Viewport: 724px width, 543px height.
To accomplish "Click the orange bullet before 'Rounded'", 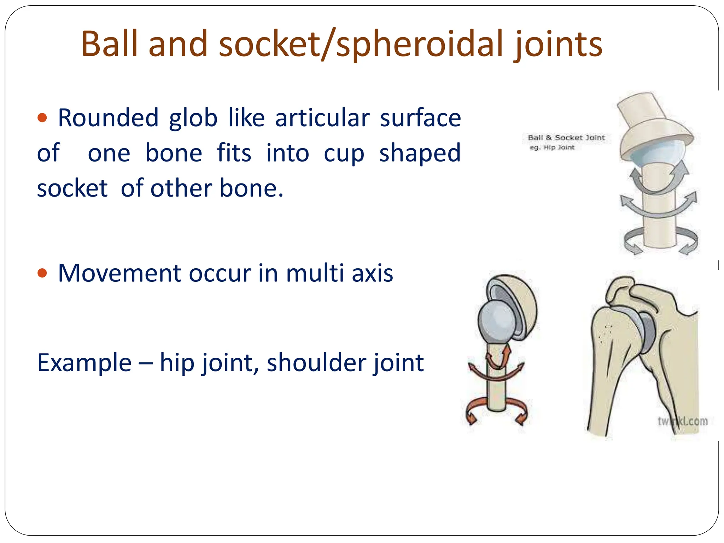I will pos(42,117).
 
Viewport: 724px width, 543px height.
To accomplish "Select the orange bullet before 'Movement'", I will pos(42,273).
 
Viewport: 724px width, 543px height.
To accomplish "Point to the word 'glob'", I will pos(193,118).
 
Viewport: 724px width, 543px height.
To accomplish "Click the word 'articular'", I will pos(322,118).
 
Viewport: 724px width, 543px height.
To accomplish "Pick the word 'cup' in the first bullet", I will pos(344,153).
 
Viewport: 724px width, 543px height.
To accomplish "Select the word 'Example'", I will pos(84,363).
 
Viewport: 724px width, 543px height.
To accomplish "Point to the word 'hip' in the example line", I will pos(177,363).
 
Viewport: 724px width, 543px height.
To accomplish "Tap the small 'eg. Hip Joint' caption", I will pos(552,147).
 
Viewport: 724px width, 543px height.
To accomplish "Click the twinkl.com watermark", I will pos(682,421).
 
